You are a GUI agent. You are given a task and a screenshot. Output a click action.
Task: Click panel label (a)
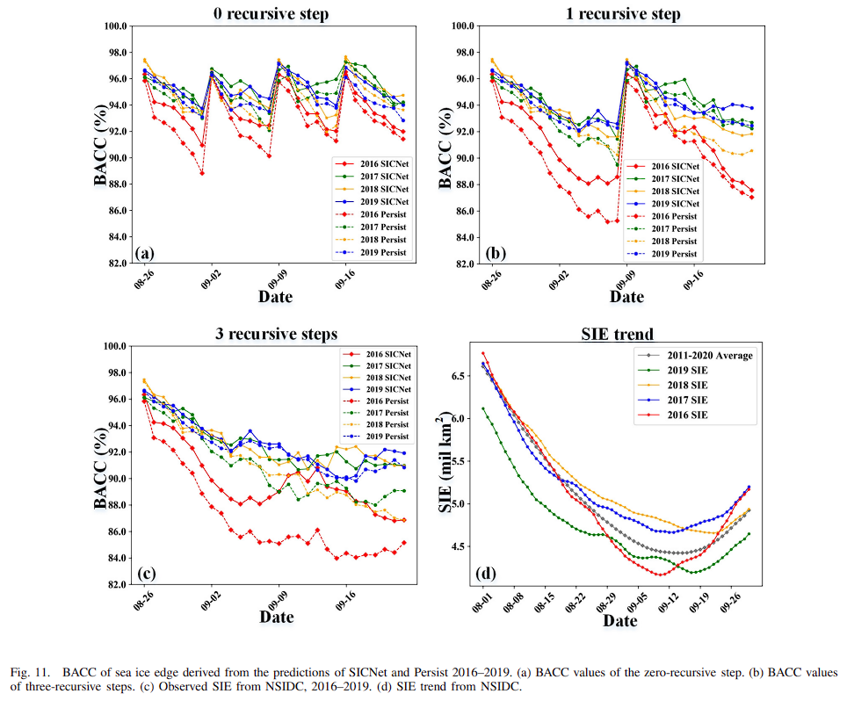(145, 254)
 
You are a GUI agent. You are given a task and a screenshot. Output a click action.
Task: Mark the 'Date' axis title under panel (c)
(276, 617)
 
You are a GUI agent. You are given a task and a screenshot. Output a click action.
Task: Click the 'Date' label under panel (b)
(626, 296)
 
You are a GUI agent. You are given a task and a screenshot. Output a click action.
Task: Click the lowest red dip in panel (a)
(202, 173)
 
